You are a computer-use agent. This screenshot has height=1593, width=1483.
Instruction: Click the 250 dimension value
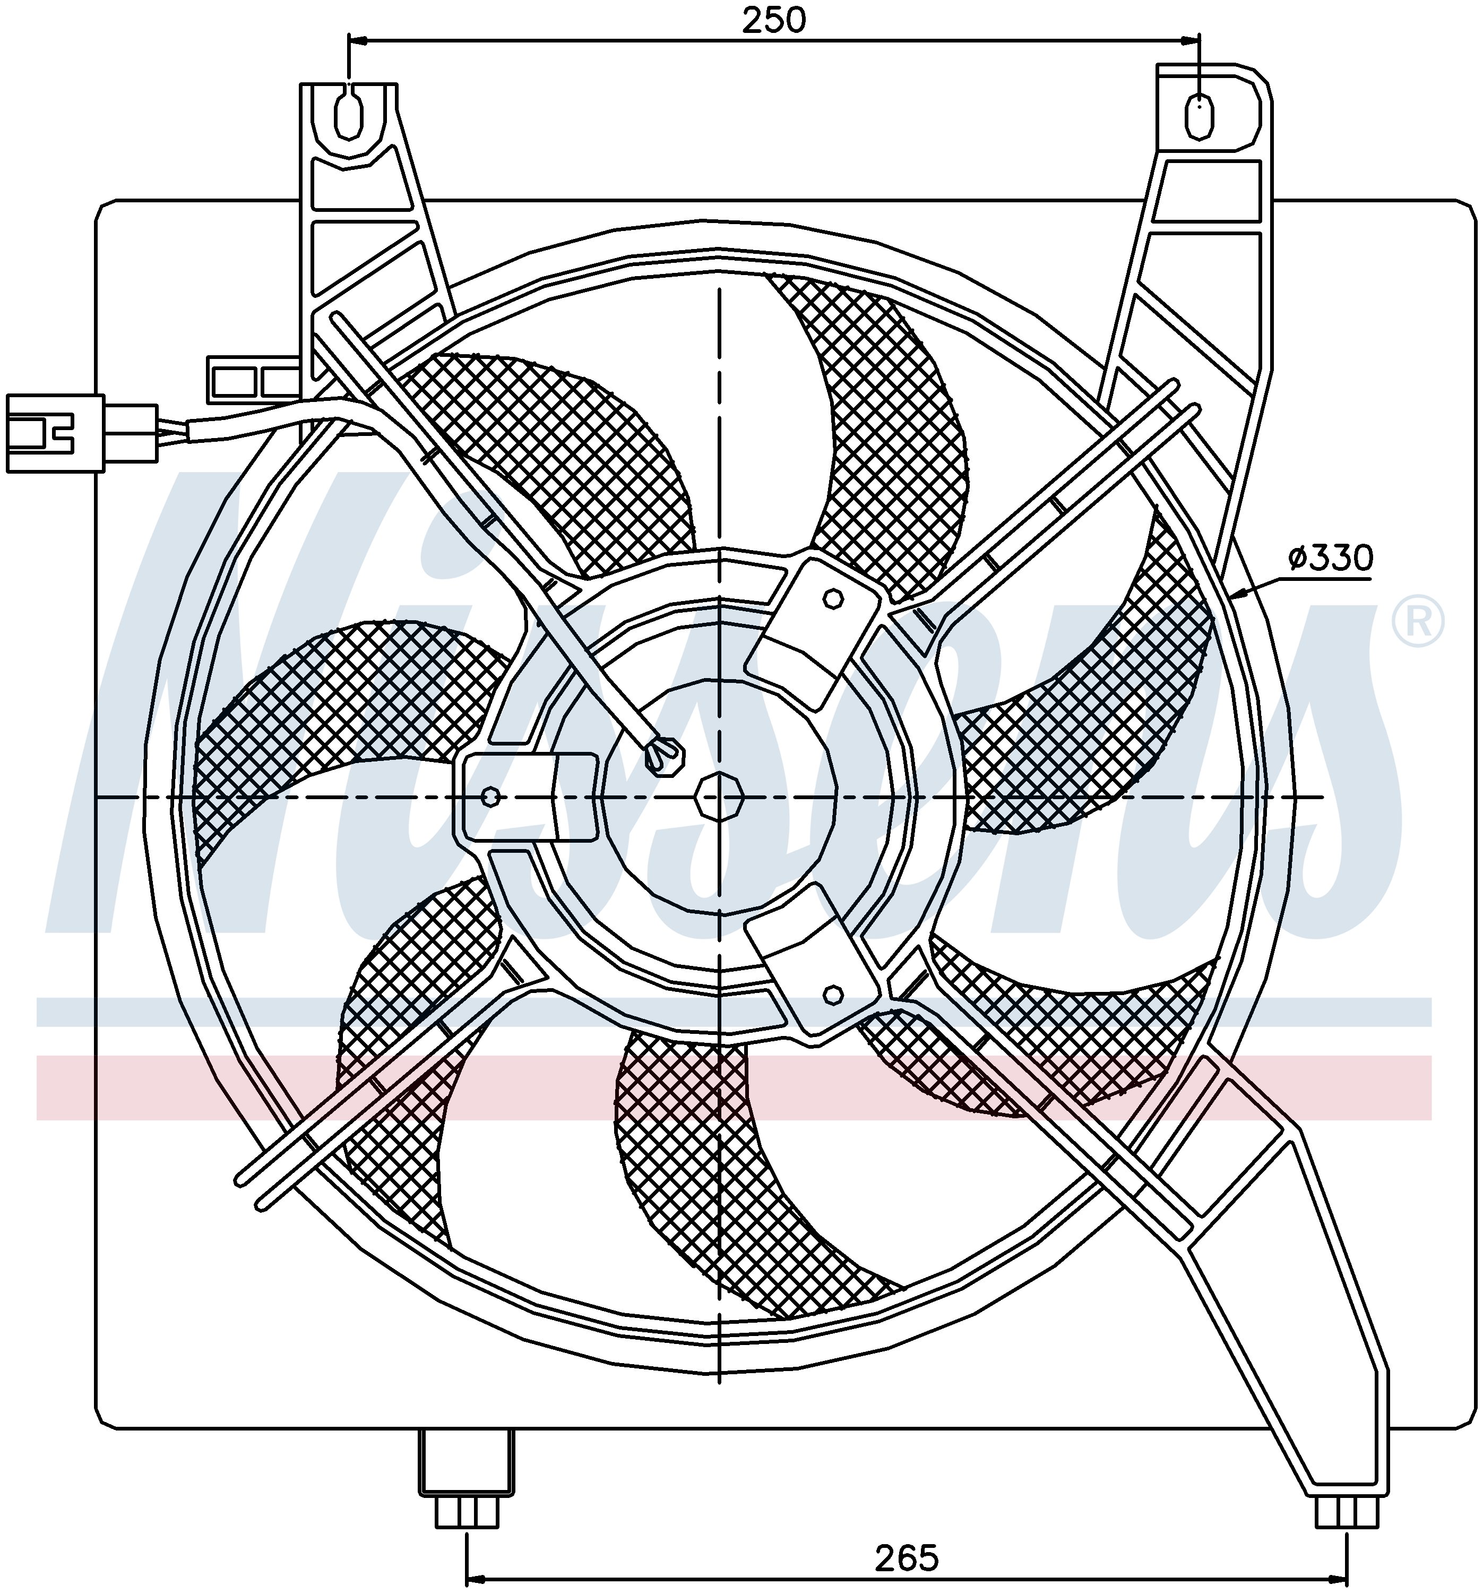[x=773, y=20]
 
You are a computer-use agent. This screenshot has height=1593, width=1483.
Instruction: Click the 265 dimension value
[x=906, y=1558]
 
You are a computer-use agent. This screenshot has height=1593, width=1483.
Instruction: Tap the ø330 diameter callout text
[x=1330, y=557]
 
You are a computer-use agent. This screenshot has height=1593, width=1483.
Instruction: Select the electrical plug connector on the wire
[x=80, y=433]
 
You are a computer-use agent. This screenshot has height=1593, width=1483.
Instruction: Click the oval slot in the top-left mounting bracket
[x=348, y=117]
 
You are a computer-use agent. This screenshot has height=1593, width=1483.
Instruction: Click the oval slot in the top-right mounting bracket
[x=1198, y=117]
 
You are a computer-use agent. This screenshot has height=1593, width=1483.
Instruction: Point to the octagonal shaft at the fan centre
[x=719, y=796]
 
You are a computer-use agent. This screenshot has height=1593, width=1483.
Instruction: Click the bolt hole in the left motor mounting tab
[x=492, y=796]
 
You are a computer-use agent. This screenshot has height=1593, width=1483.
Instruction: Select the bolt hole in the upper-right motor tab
[x=832, y=598]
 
